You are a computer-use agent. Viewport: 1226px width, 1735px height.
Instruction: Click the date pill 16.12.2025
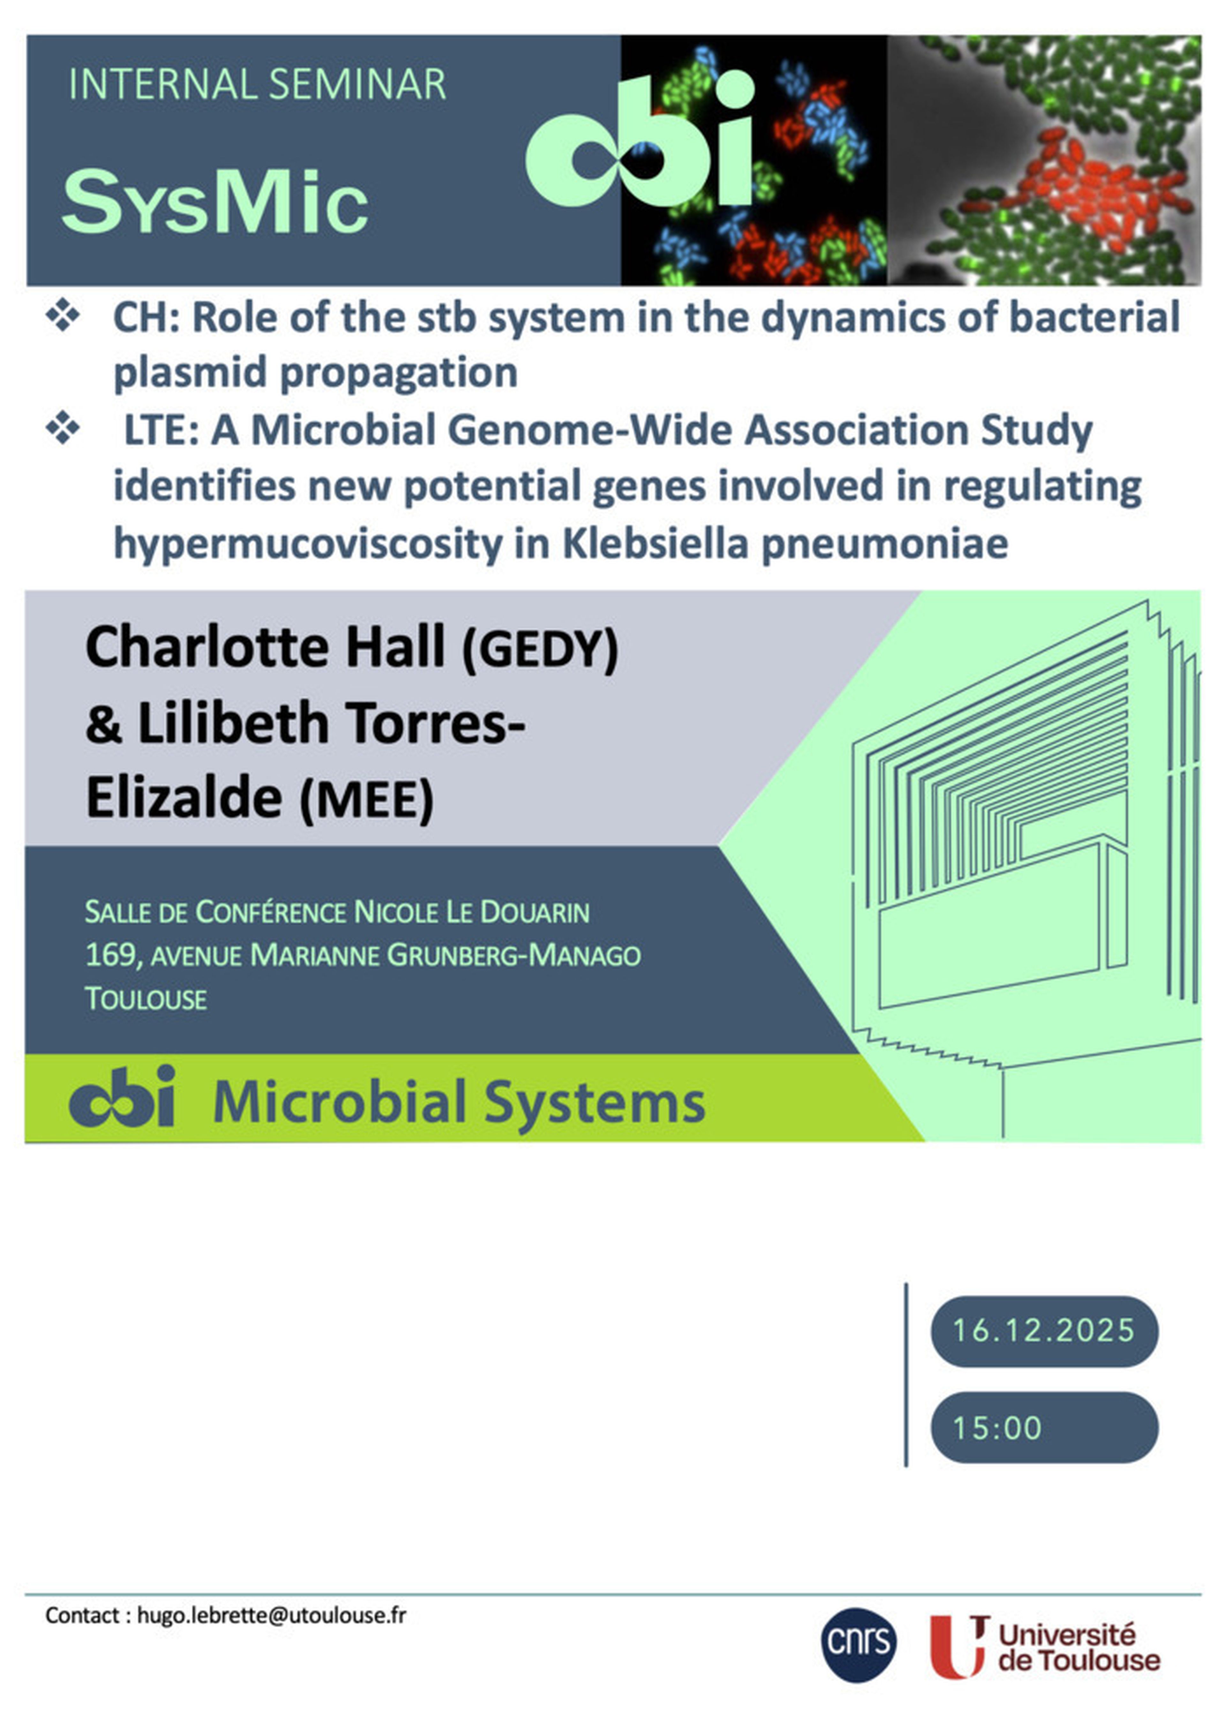pos(1044,1330)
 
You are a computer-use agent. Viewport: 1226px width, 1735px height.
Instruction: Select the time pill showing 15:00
pos(1044,1427)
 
